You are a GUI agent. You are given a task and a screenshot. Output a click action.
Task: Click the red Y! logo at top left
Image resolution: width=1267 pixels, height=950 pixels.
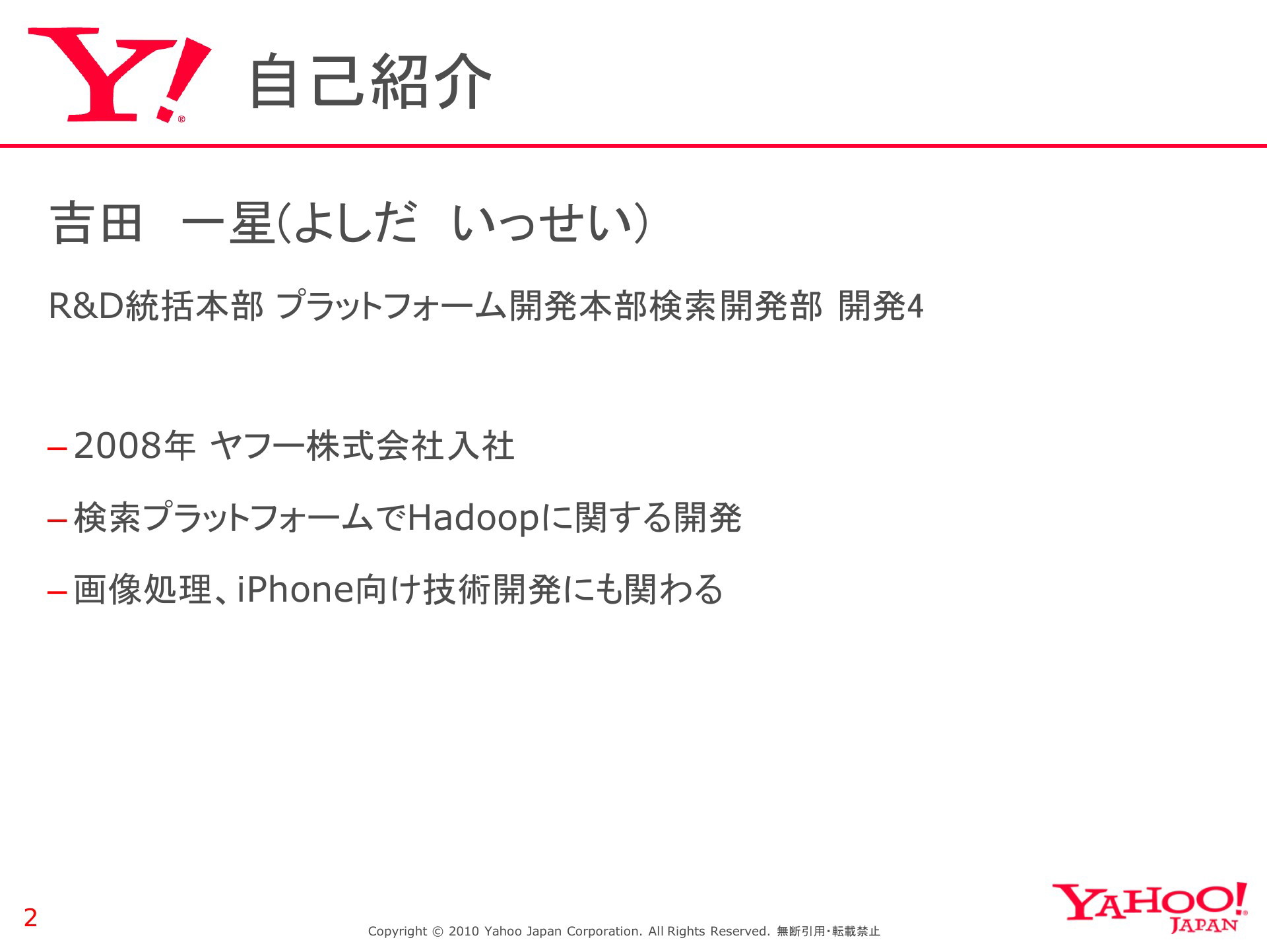pos(119,75)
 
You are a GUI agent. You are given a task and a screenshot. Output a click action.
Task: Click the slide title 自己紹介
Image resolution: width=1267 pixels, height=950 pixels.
pos(370,81)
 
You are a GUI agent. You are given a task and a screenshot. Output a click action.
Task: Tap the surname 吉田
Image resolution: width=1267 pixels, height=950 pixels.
pos(96,222)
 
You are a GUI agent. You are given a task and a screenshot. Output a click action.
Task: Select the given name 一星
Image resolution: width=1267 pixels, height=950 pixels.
pos(228,222)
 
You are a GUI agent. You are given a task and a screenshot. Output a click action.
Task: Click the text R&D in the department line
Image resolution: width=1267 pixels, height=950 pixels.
pos(86,306)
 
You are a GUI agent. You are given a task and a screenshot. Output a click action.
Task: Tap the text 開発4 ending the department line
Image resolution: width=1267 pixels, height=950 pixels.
pos(881,306)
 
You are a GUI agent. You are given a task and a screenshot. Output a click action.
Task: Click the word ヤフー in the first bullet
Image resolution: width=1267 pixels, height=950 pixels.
pos(257,446)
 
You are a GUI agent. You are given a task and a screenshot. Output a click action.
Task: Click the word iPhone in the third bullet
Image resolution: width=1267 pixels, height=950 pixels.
pos(296,589)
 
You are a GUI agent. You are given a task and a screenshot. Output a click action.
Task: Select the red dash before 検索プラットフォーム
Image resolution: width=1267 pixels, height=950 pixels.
pos(57,521)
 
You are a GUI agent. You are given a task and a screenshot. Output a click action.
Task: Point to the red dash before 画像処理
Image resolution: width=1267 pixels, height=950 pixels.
pos(57,592)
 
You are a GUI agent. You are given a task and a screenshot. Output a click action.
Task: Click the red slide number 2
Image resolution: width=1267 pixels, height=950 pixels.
pos(30,918)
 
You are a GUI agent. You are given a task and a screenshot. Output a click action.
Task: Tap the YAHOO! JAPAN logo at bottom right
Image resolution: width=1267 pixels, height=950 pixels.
pos(1150,908)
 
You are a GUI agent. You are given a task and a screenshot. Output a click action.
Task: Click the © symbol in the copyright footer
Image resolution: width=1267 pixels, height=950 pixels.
pos(438,932)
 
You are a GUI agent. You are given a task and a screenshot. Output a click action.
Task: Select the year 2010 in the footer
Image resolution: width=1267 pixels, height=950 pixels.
pos(464,932)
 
